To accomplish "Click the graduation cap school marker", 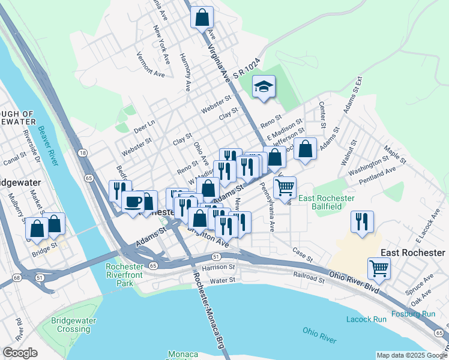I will coord(264,86).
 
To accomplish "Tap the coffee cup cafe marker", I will coord(133,200).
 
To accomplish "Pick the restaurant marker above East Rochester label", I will coord(362,221).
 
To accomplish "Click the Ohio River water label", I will coord(319,335).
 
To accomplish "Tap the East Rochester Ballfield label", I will coord(328,202).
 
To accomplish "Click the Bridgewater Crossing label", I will coord(74,325).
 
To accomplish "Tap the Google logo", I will coord(20,353).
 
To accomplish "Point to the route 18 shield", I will coord(82,154).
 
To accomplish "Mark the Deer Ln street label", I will coord(144,125).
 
